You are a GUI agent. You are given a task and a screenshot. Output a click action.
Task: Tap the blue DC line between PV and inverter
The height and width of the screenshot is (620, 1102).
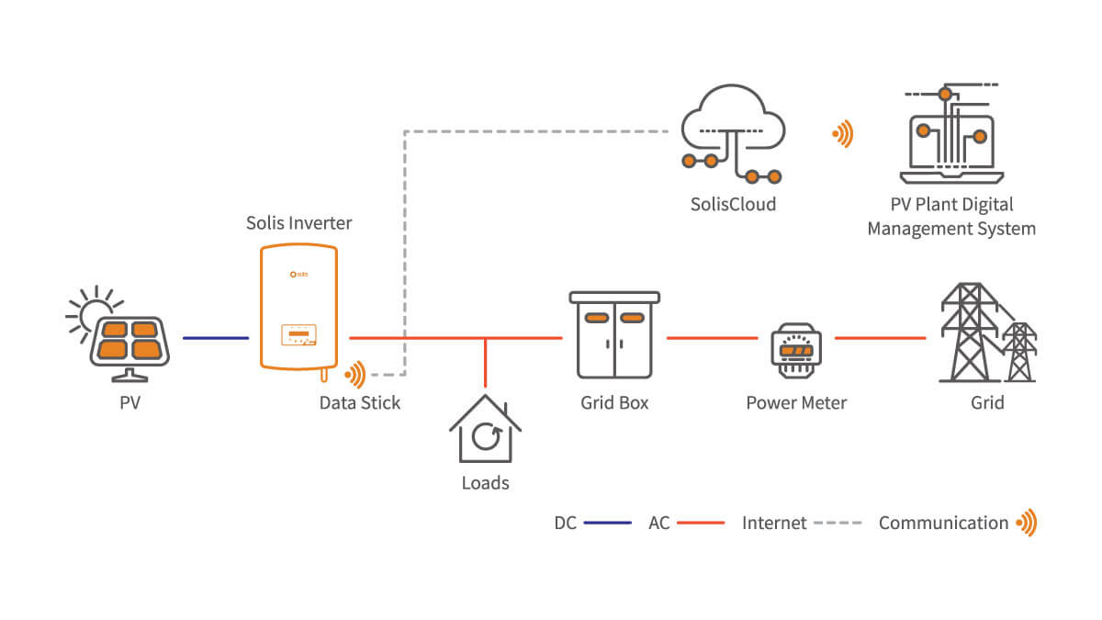tap(216, 338)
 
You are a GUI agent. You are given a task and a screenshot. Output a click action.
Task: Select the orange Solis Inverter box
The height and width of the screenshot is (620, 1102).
tap(298, 307)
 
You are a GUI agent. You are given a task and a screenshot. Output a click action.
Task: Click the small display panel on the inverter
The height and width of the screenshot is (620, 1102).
tap(298, 334)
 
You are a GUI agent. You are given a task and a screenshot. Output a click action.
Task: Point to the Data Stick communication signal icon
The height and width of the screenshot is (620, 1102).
tap(355, 375)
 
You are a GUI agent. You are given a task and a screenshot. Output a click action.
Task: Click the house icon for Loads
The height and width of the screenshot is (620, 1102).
tap(485, 429)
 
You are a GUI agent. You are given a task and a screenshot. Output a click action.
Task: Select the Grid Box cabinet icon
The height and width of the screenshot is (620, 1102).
tap(614, 334)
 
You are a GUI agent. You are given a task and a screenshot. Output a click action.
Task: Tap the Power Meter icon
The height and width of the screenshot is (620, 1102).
tap(796, 350)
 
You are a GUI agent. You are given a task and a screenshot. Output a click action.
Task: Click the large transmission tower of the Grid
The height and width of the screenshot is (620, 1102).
tap(969, 333)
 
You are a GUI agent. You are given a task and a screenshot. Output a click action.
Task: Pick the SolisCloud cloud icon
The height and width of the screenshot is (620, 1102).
tap(733, 133)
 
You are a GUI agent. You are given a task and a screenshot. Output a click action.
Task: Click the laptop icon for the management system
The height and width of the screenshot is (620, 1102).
tap(951, 134)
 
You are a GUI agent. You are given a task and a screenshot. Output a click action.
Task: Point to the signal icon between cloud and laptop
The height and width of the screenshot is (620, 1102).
tap(843, 134)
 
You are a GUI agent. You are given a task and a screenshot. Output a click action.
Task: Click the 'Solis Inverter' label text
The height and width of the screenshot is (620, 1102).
tap(299, 223)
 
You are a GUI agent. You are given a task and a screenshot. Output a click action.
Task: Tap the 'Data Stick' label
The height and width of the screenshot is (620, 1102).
tap(360, 403)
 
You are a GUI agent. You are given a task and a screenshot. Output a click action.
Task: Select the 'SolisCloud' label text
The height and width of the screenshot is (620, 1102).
tap(733, 204)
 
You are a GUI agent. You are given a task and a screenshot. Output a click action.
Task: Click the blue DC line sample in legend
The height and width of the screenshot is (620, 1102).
tap(608, 523)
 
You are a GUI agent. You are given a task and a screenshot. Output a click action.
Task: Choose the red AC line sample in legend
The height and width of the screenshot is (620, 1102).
tap(701, 523)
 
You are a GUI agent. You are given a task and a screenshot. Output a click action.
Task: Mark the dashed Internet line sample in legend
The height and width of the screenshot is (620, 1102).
tap(838, 523)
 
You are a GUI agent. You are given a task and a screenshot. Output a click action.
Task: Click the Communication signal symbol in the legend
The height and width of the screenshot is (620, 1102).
tap(1027, 523)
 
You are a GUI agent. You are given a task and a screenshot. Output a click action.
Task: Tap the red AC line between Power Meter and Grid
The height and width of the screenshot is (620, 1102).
tap(880, 338)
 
